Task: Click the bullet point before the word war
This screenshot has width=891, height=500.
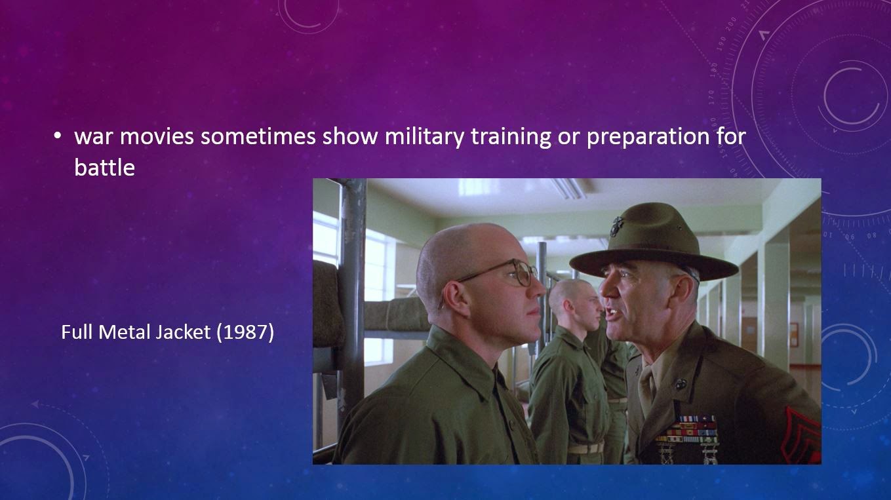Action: coord(58,136)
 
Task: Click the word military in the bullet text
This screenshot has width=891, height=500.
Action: coord(424,137)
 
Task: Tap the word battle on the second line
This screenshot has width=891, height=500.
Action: coord(105,168)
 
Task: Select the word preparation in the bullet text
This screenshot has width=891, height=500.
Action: coord(648,138)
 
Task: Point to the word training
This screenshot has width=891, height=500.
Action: coord(511,138)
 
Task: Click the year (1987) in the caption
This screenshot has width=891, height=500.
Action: coord(245,332)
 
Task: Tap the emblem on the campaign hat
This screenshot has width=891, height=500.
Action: coord(616,227)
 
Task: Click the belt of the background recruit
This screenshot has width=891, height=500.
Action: coord(585,448)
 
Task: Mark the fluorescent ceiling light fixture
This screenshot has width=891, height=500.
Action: coord(569,188)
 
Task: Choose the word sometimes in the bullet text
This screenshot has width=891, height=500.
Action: coord(258,136)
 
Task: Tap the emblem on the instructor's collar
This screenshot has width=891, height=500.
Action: coord(680,384)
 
